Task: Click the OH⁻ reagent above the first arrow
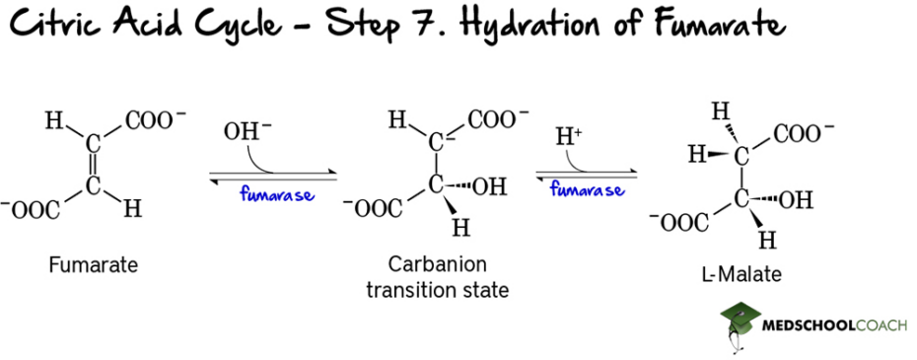pos(243,130)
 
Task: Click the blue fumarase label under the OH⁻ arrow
pos(275,194)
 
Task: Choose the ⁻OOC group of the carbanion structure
pos(374,207)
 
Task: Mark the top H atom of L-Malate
pos(721,109)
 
